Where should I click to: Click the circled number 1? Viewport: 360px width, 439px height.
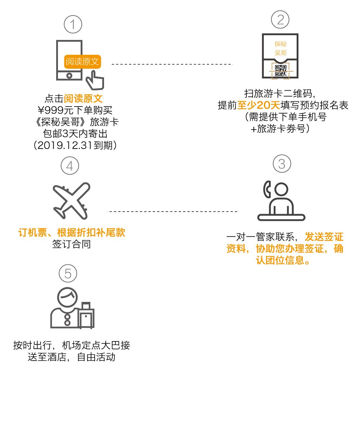73,25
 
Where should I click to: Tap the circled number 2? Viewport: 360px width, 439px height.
280,19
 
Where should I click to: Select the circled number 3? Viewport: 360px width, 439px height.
282,164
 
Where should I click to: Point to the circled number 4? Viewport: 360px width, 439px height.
69,166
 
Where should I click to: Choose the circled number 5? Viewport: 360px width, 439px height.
68,274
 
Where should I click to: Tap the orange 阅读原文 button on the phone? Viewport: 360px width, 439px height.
82,62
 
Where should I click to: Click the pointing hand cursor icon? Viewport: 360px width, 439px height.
95,80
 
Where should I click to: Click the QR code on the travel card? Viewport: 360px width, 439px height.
280,71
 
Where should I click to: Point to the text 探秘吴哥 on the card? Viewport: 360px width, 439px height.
280,48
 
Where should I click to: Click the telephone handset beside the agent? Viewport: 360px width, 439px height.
267,190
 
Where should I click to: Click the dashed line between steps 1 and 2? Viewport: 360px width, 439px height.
172,64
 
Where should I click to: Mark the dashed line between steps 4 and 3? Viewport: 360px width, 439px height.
173,211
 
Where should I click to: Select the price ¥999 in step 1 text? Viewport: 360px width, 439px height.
50,110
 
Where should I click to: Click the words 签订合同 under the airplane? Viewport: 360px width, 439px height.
71,244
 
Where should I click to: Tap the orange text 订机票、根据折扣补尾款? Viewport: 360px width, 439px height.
71,232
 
